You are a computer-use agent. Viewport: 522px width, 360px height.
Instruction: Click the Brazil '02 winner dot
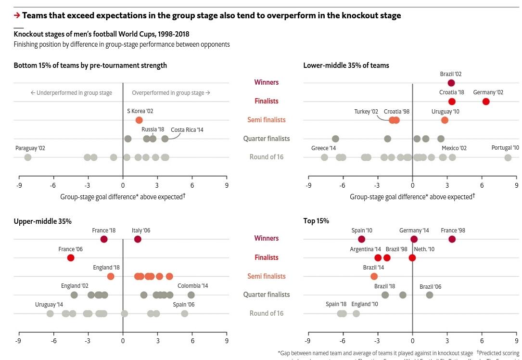(451, 83)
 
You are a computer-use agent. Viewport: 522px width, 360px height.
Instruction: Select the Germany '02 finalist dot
(486, 102)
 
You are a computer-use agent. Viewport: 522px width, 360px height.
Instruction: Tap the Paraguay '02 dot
(28, 157)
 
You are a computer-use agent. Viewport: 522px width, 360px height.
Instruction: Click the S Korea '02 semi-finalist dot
(139, 120)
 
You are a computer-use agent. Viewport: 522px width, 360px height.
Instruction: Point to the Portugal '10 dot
(508, 157)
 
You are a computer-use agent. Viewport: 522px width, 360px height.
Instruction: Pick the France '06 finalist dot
(71, 258)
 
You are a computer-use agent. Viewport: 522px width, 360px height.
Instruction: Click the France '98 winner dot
(452, 239)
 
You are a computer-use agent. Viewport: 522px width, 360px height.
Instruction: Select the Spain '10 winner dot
(362, 239)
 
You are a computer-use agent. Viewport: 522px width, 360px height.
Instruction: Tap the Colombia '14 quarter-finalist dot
(191, 295)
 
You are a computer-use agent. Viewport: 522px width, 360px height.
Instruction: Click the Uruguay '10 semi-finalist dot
(445, 120)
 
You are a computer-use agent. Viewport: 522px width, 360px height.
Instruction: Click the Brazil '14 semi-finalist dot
(374, 276)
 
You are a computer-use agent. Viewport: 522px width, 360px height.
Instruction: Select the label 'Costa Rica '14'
(187, 130)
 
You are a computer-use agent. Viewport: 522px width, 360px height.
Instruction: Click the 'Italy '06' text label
(141, 231)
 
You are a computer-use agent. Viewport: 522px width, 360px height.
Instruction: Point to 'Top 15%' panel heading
(316, 221)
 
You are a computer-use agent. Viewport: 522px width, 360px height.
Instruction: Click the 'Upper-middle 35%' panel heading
(42, 221)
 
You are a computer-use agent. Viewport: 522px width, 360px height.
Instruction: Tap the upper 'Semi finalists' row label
(267, 120)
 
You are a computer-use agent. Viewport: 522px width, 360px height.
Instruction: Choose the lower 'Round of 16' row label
(267, 313)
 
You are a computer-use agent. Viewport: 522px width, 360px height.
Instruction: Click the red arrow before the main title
(17, 15)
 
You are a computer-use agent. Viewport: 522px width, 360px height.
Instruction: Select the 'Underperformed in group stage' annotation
(71, 93)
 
